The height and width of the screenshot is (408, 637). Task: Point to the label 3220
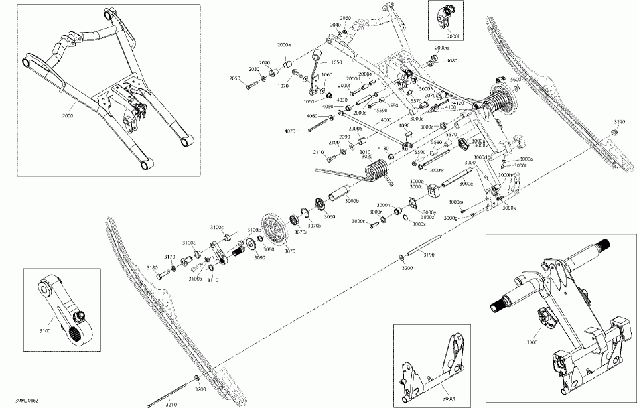tap(619, 122)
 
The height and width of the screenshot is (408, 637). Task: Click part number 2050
tap(234, 79)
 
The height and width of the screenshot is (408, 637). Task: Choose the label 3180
tap(152, 268)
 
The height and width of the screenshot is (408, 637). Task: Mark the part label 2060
tap(345, 18)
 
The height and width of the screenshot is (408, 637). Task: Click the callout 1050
tap(336, 62)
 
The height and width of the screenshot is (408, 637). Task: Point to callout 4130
tap(383, 148)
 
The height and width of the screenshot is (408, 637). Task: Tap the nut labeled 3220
tap(614, 133)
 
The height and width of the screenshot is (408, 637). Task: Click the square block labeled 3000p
tap(436, 193)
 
